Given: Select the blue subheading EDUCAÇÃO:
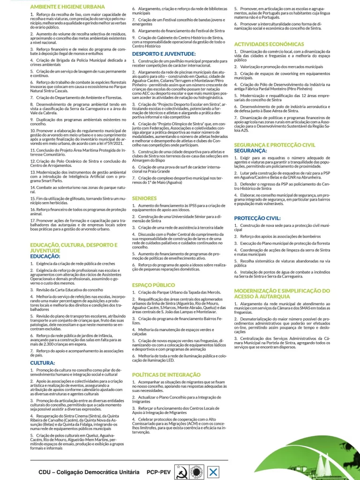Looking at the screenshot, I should click(45, 256).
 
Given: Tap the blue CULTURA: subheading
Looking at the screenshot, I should click(43, 363).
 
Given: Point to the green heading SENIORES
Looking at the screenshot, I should click(144, 198).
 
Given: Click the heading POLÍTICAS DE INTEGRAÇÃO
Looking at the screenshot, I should click(166, 375).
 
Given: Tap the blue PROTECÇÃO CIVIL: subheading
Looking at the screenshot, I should click(257, 218).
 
